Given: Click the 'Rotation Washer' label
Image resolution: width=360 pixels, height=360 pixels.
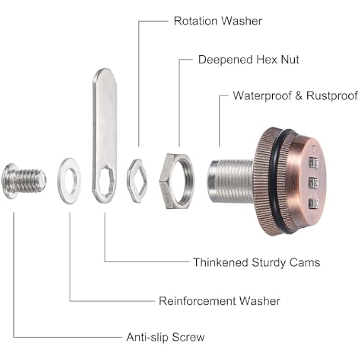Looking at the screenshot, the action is click(x=218, y=21).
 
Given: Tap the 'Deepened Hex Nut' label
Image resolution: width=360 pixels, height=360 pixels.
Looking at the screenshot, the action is click(x=249, y=59).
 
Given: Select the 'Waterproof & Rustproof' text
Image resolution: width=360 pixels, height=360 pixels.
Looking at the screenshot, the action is click(x=295, y=96).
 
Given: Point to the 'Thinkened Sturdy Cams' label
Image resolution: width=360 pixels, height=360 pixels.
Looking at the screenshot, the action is click(x=256, y=262).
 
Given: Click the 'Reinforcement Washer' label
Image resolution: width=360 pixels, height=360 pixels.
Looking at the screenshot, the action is click(x=220, y=301).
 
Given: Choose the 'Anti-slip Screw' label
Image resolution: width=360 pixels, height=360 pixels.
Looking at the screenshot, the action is click(x=165, y=337).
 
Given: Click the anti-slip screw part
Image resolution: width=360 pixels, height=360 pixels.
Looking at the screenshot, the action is click(x=24, y=181).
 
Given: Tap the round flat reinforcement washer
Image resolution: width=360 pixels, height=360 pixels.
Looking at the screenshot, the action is click(x=69, y=181).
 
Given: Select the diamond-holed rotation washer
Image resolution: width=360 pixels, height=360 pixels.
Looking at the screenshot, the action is click(x=137, y=181).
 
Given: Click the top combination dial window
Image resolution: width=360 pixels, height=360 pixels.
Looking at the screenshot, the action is click(x=313, y=163).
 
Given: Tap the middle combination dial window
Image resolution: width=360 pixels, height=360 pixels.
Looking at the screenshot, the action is click(x=313, y=183).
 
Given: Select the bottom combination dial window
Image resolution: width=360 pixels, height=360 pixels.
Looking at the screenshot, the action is click(x=313, y=203).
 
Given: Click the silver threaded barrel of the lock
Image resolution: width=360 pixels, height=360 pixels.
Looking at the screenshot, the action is click(x=230, y=181).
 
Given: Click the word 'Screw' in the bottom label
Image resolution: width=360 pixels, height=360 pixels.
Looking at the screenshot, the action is click(x=188, y=337).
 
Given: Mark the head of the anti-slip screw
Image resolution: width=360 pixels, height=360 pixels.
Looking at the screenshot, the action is click(x=9, y=181).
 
